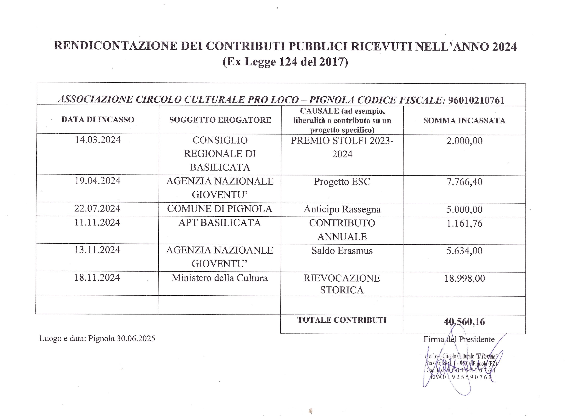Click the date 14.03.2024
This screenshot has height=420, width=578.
coord(98,140)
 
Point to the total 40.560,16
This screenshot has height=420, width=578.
coord(464,322)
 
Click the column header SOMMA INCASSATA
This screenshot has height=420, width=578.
coord(464,120)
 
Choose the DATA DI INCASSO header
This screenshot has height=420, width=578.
coord(98,120)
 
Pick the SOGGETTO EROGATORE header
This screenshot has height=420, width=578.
coord(220,120)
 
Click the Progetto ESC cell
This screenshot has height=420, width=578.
coord(342,182)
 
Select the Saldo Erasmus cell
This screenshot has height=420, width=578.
coord(342,251)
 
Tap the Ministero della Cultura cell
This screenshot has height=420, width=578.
coord(219,278)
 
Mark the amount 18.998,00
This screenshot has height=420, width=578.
coord(464,278)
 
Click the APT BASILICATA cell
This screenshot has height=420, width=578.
coord(220,223)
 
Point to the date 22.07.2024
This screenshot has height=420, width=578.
coord(97,209)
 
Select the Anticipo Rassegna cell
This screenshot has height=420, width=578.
coord(342,209)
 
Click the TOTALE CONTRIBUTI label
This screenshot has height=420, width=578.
coord(342,320)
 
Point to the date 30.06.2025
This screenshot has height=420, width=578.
coord(136,339)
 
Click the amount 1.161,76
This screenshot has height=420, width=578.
coord(464,223)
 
